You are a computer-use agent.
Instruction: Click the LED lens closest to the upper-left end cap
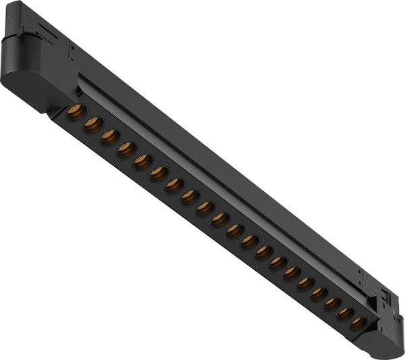[76, 111]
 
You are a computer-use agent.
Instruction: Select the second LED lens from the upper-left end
[92, 124]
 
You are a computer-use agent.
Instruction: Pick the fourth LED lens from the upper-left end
[126, 150]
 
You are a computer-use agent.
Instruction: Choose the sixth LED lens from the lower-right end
[292, 274]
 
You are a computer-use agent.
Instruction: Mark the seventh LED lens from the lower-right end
[278, 263]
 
